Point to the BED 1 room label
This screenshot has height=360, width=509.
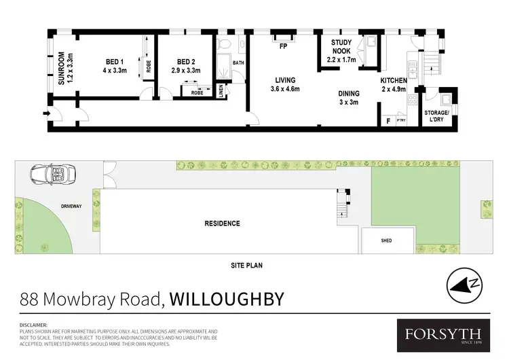[x=115, y=65]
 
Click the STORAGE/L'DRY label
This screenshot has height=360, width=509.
[x=436, y=115]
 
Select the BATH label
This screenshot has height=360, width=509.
[x=238, y=63]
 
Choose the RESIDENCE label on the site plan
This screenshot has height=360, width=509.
[x=223, y=223]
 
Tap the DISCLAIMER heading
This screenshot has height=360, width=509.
[x=34, y=325]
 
